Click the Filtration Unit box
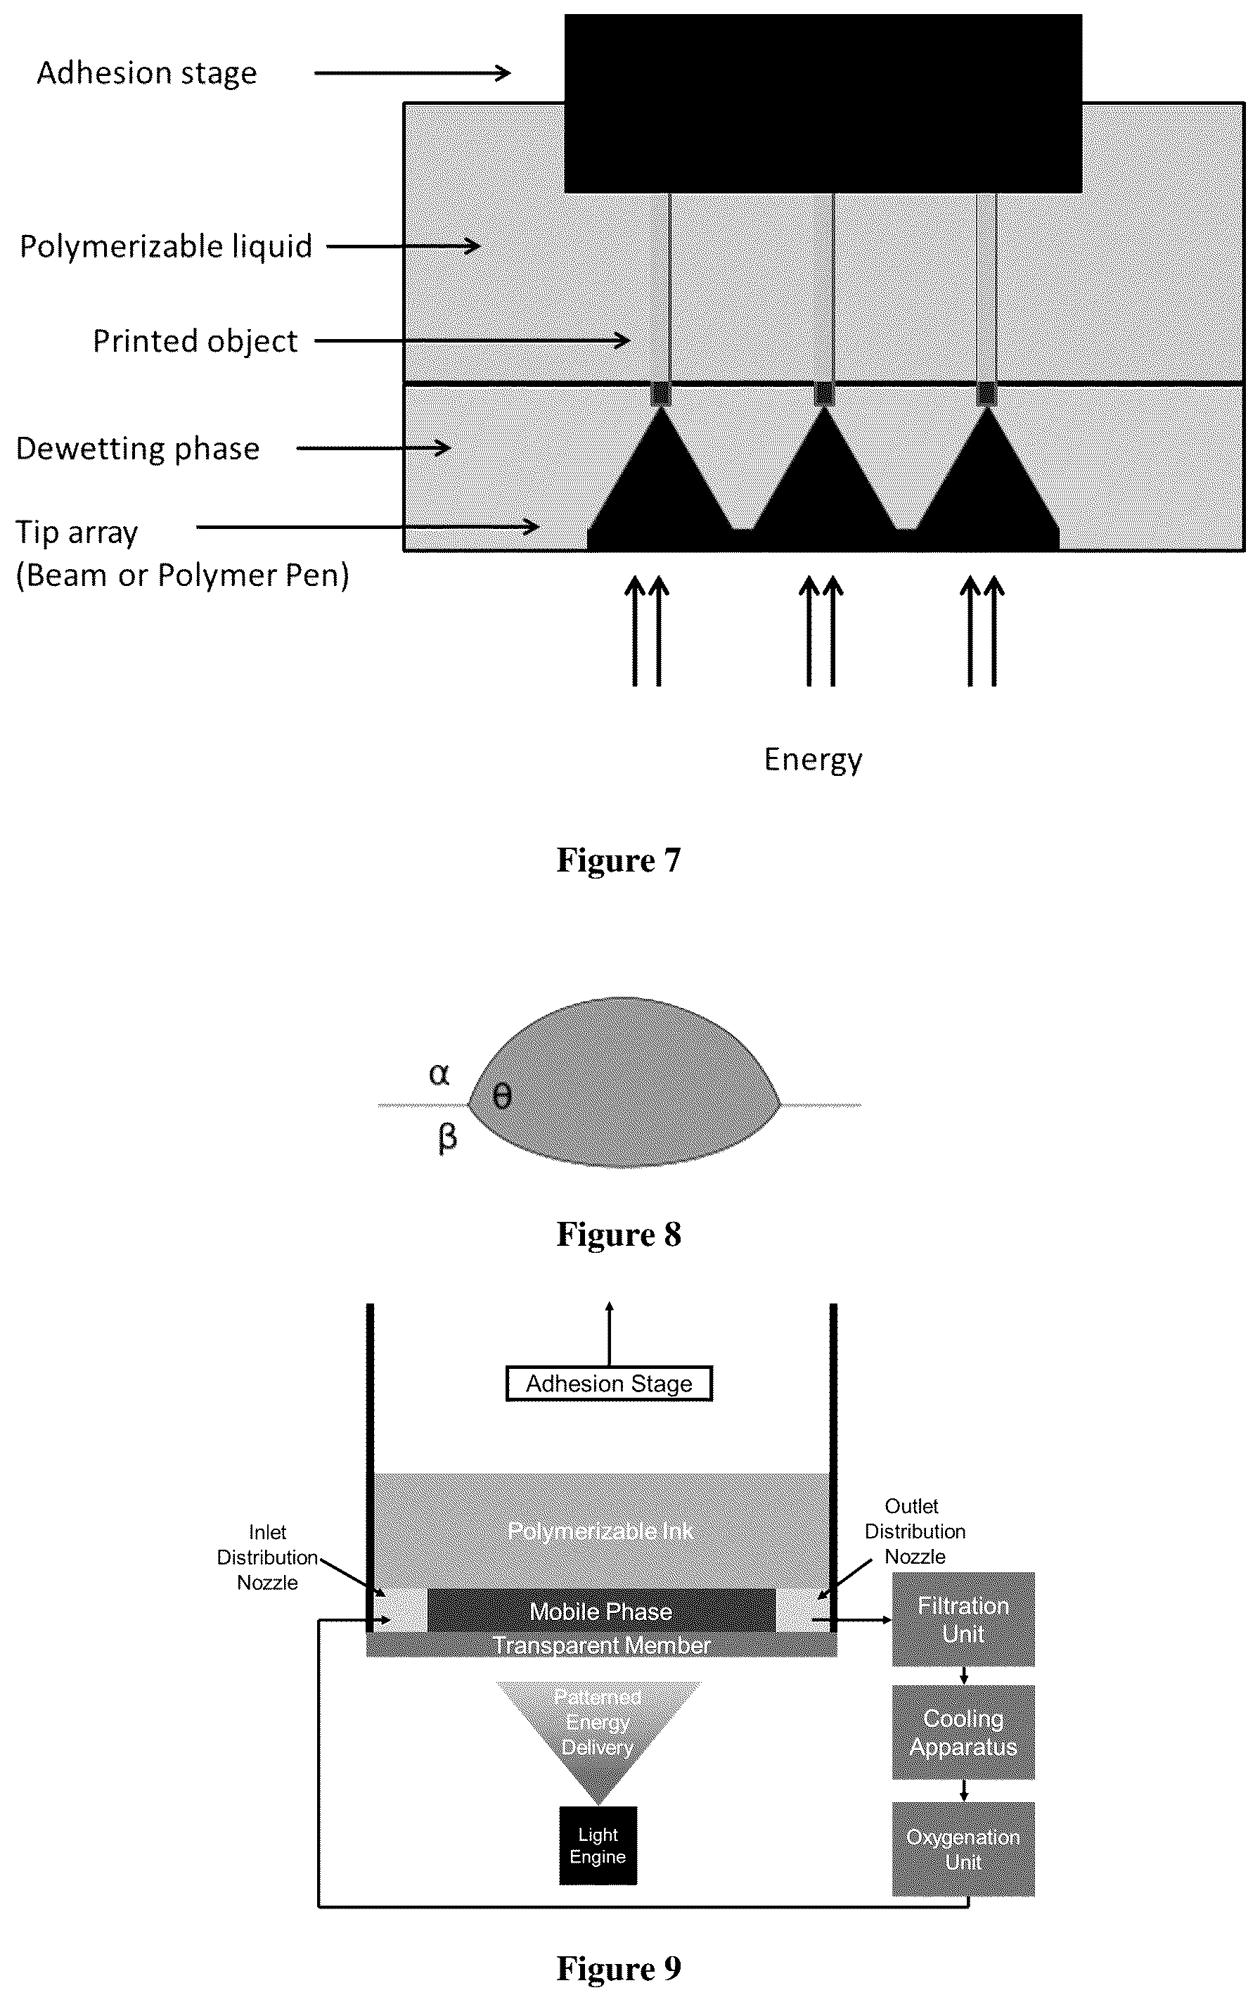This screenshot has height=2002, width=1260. click(x=963, y=1619)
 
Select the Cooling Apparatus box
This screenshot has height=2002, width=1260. click(x=963, y=1732)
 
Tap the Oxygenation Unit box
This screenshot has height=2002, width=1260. click(x=963, y=1849)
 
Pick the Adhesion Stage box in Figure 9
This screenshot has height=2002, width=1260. click(x=609, y=1384)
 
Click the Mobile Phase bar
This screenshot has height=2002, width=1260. click(x=601, y=1612)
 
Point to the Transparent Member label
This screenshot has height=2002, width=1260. click(x=601, y=1645)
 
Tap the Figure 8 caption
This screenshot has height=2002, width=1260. click(x=618, y=1235)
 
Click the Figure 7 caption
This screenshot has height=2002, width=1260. click(x=618, y=860)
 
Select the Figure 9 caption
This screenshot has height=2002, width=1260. click(x=618, y=1968)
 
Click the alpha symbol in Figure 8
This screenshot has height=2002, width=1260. click(x=439, y=1074)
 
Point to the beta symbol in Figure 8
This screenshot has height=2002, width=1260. click(x=447, y=1137)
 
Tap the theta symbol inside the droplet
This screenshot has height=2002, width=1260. click(x=501, y=1097)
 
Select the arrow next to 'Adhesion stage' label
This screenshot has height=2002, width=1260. click(x=412, y=73)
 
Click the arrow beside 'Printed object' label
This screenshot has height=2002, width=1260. click(x=472, y=340)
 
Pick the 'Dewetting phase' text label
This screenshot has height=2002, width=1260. click(x=138, y=450)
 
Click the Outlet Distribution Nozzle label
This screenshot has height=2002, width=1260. click(x=914, y=1531)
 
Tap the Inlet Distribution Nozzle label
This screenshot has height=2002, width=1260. click(x=268, y=1557)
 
